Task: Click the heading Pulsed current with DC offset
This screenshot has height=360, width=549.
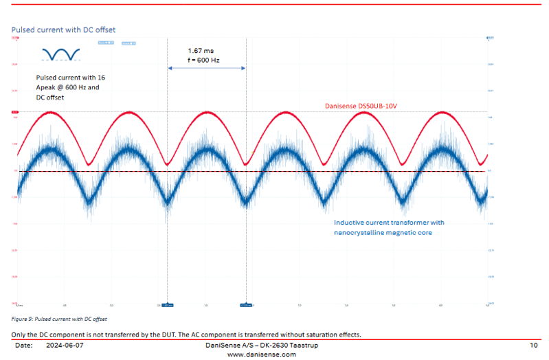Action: [x=63, y=30]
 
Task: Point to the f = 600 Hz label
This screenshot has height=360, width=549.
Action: [x=203, y=60]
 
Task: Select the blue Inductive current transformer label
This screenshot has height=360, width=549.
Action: [x=389, y=223]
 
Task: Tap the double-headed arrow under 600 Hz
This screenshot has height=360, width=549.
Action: [x=207, y=68]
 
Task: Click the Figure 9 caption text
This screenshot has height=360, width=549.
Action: [x=59, y=319]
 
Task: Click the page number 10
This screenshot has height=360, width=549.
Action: [x=533, y=345]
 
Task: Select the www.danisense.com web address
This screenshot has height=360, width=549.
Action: [x=261, y=355]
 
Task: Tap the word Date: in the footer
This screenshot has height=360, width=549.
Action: [x=23, y=345]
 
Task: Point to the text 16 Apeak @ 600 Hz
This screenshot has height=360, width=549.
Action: [x=68, y=87]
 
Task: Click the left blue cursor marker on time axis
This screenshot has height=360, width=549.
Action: [x=168, y=304]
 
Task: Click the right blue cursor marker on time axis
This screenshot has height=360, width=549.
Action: [x=246, y=304]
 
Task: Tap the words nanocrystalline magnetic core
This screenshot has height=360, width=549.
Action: [x=383, y=233]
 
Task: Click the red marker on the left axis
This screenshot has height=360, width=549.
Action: [x=14, y=112]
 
